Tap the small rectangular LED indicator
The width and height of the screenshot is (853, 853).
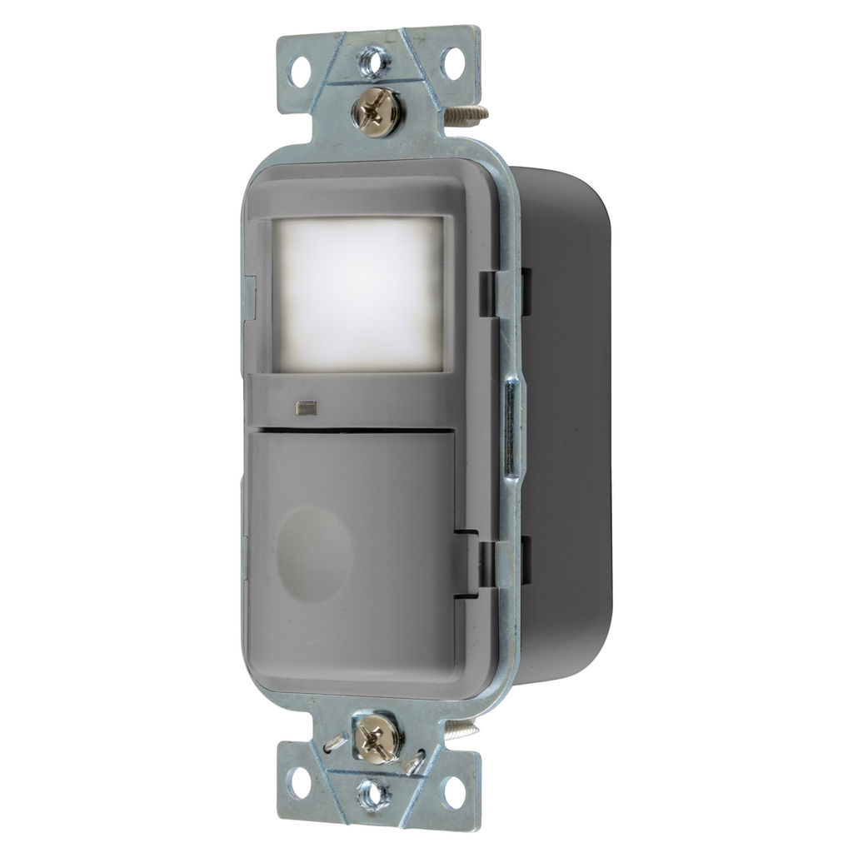pyautogui.click(x=305, y=408)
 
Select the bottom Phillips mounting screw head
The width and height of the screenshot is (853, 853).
pyautogui.click(x=377, y=738)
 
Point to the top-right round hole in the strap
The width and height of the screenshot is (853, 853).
pyautogui.click(x=452, y=62)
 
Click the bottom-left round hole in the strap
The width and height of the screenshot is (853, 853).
pyautogui.click(x=299, y=782)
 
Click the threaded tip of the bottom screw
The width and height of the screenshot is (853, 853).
pyautogui.click(x=461, y=731)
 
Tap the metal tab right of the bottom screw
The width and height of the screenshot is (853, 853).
pyautogui.click(x=414, y=761)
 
